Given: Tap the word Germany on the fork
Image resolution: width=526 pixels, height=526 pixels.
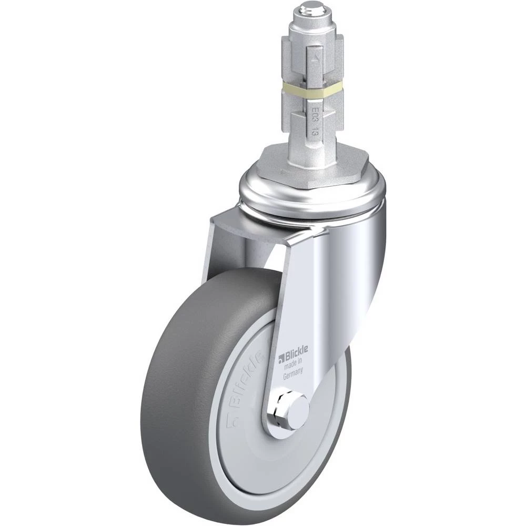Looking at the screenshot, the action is pyautogui.click(x=293, y=373).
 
